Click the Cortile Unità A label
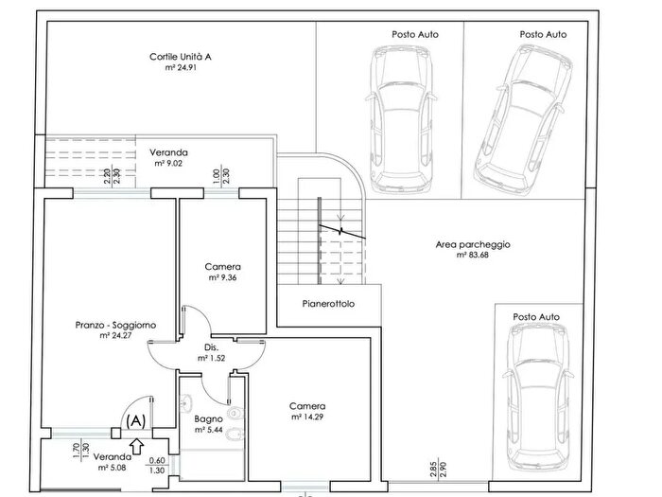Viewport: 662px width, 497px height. pos(181,57)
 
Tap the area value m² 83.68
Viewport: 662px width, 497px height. pos(473,255)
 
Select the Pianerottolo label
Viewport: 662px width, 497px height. pos(328,304)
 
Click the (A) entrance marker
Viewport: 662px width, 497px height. pos(136,420)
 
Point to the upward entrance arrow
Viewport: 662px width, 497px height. pos(137,446)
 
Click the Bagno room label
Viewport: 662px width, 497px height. pos(208,419)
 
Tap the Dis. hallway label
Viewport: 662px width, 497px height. pos(211,347)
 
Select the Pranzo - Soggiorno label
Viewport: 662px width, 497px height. pos(115,325)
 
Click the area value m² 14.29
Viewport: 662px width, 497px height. pos(307,417)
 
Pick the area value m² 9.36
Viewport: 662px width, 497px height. pos(222,277)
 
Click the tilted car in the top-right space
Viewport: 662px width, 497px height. pos(524,118)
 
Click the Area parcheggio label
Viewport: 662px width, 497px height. pos(473,244)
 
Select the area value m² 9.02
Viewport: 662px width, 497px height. pos(168,164)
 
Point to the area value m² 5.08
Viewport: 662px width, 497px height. pos(112,468)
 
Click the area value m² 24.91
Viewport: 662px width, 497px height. pos(181,67)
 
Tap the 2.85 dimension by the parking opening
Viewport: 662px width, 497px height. pos(434,469)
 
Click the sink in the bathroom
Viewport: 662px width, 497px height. pos(185,402)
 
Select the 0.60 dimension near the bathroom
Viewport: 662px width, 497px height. pos(157,461)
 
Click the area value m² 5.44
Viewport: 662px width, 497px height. pos(209,430)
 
